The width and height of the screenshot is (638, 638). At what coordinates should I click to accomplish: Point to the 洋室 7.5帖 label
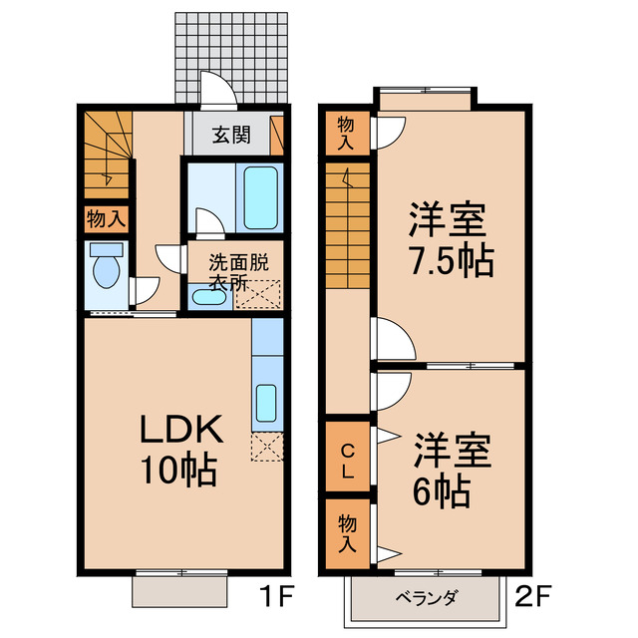click(x=449, y=239)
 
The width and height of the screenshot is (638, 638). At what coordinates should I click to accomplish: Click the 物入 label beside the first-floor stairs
click(x=105, y=219)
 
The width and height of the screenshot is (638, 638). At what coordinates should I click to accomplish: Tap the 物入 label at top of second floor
click(x=346, y=133)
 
